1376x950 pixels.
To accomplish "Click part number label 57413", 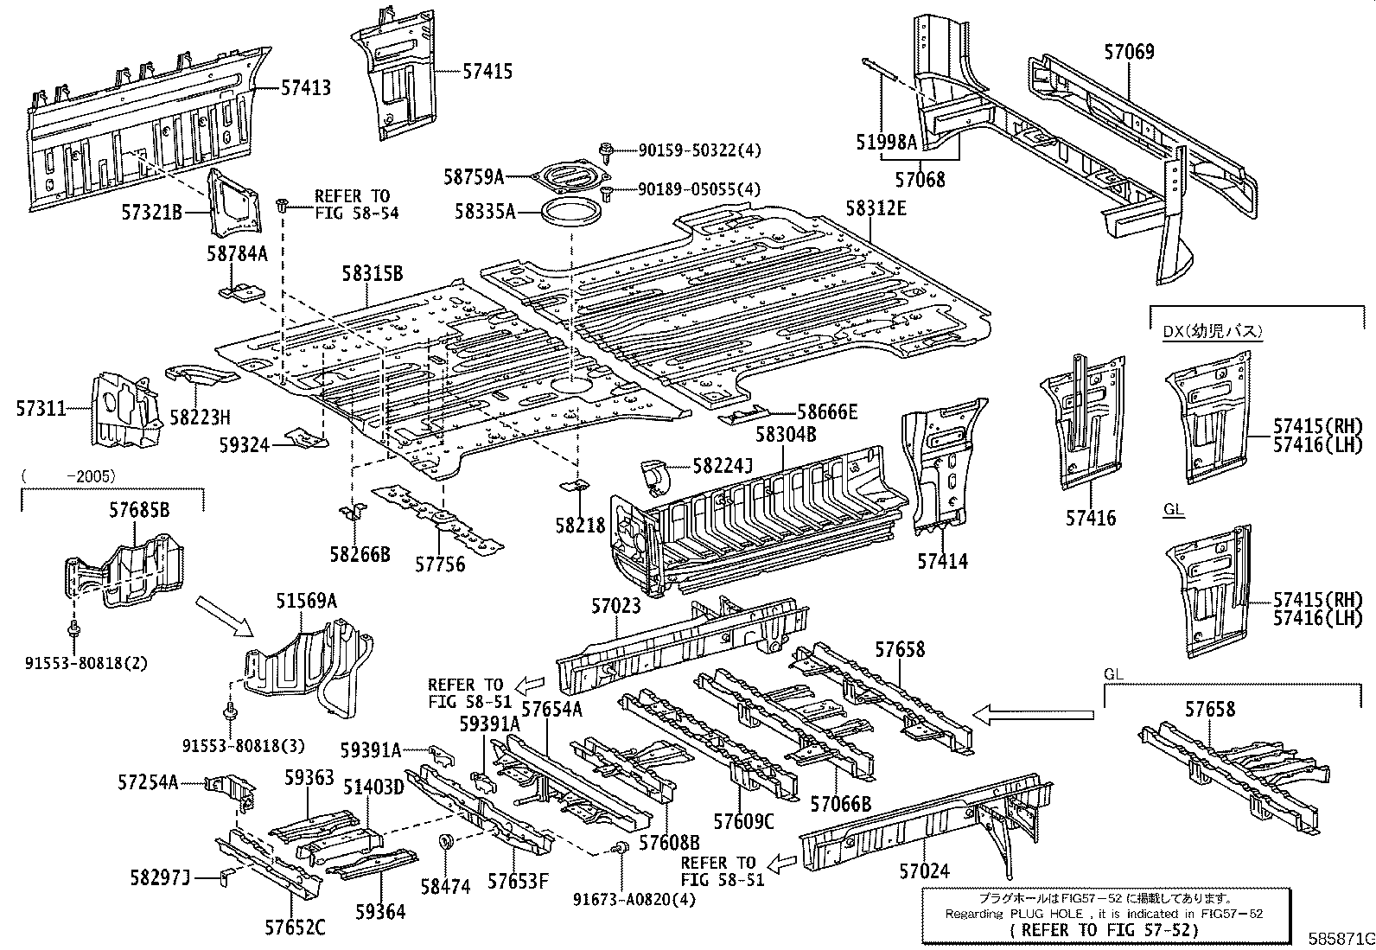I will click(x=306, y=87).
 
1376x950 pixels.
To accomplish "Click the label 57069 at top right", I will click(x=1128, y=52).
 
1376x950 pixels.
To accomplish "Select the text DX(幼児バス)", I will click(x=1212, y=331).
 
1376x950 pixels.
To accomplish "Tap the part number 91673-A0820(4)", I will click(x=634, y=899).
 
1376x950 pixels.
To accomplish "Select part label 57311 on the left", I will click(x=41, y=408).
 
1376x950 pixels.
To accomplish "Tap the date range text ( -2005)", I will click(x=69, y=475).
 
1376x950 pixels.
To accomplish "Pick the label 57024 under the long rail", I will click(x=924, y=871).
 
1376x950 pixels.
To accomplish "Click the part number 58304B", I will click(x=786, y=434).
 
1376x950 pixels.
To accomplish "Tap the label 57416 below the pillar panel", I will click(x=1090, y=518).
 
